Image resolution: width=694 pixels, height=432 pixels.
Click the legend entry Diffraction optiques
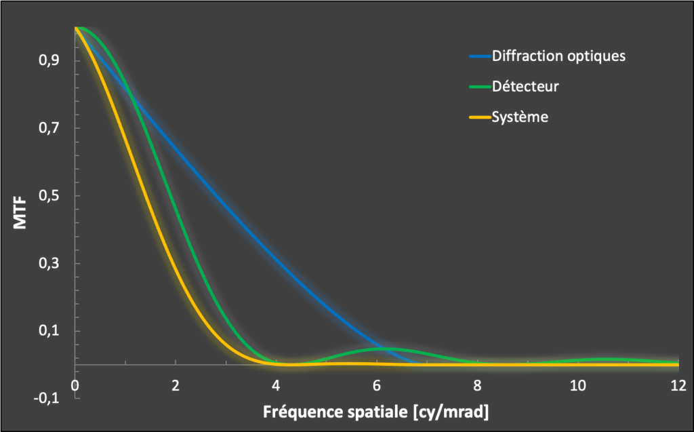pyautogui.click(x=558, y=56)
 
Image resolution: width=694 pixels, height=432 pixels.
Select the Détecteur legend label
pyautogui.click(x=525, y=86)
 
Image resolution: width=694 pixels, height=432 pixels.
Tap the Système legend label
pyautogui.click(x=520, y=117)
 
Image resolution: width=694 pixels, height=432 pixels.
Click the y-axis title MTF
pyautogui.click(x=20, y=212)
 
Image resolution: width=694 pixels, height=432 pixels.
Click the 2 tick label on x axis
pyautogui.click(x=175, y=385)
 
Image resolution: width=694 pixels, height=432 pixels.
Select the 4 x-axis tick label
pyautogui.click(x=275, y=385)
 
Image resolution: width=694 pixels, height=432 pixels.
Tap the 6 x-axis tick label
pyautogui.click(x=375, y=385)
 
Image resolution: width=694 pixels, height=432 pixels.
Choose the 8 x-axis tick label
pyautogui.click(x=476, y=385)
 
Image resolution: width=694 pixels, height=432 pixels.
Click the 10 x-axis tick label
pyautogui.click(x=577, y=385)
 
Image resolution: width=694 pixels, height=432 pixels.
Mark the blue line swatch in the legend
pyautogui.click(x=479, y=56)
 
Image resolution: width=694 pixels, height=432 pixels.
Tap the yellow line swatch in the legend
pyautogui.click(x=479, y=117)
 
